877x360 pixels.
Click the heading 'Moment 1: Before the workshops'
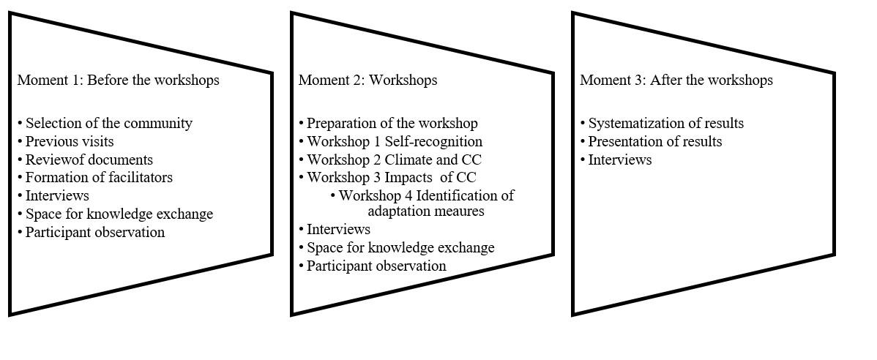(x=119, y=80)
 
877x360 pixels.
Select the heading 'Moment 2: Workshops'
(x=368, y=80)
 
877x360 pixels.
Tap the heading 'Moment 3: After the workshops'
(x=676, y=80)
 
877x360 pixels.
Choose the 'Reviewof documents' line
(x=85, y=160)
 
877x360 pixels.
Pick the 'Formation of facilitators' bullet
(x=95, y=177)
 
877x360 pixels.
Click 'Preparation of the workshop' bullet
(x=388, y=123)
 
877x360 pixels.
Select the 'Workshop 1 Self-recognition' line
(x=390, y=141)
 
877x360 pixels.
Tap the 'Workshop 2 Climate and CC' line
(x=390, y=160)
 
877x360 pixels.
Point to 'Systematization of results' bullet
(x=662, y=123)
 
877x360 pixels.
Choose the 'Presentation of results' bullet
(x=651, y=141)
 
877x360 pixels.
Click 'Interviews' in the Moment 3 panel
(x=616, y=160)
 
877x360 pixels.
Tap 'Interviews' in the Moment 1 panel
(x=53, y=195)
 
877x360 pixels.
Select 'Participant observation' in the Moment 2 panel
(x=373, y=266)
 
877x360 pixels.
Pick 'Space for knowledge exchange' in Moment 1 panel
(x=115, y=214)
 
